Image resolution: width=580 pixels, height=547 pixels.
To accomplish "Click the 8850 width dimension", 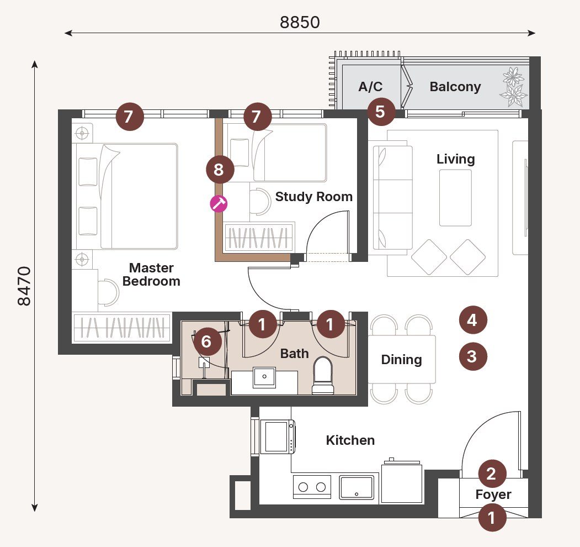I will [x=300, y=22].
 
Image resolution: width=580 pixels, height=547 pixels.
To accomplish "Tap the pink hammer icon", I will [x=219, y=203].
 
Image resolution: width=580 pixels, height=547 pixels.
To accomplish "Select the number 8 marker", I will [x=219, y=170].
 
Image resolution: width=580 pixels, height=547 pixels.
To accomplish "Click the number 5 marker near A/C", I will [x=380, y=112].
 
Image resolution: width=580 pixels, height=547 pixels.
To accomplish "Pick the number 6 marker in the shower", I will [x=206, y=341].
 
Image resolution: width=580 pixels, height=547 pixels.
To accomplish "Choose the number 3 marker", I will [x=472, y=356].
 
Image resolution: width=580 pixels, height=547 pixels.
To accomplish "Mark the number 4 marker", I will [x=472, y=320].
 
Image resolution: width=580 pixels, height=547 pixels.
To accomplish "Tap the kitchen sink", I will [x=356, y=487].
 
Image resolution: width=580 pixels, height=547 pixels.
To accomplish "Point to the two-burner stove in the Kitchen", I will [x=312, y=487].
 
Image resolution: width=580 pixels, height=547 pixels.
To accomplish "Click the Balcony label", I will [x=455, y=87].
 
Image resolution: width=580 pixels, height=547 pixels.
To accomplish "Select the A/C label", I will [x=370, y=87].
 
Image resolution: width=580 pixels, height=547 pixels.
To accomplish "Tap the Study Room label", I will [x=313, y=197].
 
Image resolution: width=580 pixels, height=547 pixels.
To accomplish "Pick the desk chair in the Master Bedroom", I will [x=108, y=292].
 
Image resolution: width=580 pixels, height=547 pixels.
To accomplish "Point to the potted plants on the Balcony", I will [x=514, y=86].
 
